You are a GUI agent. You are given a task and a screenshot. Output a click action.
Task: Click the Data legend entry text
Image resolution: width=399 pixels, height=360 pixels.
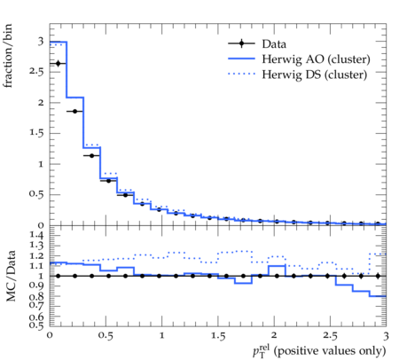tap(274, 44)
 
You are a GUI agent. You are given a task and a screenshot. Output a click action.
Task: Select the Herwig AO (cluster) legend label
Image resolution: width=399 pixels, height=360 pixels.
tap(316, 59)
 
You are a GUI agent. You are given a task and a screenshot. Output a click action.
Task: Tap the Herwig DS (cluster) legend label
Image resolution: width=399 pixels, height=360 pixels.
tap(315, 74)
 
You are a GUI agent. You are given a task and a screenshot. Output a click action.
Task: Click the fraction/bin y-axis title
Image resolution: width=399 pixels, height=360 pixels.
tap(7, 56)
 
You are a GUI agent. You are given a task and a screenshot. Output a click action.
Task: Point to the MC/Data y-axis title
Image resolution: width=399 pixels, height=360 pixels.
tap(11, 276)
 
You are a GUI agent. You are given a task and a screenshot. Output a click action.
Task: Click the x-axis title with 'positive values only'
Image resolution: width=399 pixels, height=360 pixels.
tap(319, 351)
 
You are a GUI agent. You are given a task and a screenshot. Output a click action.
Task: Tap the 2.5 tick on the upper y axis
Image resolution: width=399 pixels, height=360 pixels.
tap(36, 72)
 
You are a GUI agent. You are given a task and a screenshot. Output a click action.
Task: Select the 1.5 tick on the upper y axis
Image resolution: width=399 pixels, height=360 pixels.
tap(36, 133)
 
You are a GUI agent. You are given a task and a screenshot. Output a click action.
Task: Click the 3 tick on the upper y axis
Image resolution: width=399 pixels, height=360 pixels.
tap(41, 41)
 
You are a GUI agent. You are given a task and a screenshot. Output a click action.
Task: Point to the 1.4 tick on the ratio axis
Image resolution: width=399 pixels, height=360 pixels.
tap(36, 236)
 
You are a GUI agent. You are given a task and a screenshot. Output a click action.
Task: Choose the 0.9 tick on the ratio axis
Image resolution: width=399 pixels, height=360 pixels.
tap(36, 286)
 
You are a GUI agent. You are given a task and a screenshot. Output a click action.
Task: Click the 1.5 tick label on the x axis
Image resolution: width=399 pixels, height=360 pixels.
tap(218, 336)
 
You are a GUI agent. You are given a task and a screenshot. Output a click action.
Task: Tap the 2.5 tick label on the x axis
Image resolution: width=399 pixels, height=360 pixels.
tap(330, 336)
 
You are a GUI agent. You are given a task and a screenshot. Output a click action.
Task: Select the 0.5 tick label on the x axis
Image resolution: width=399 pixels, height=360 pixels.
tap(106, 336)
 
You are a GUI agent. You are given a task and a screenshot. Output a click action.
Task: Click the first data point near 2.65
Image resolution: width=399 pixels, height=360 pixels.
tap(58, 64)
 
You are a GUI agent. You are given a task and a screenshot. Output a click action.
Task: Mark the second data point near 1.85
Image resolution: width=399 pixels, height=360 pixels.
tap(74, 112)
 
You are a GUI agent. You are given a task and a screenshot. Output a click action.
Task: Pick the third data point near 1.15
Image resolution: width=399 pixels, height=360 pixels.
tap(91, 156)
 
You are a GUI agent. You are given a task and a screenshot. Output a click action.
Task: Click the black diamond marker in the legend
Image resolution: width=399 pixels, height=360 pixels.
tap(241, 43)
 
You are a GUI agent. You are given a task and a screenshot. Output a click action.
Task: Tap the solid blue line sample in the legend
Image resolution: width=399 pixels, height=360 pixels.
tap(241, 59)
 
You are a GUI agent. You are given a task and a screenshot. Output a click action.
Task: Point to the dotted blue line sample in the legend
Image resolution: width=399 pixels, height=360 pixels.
tap(241, 74)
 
